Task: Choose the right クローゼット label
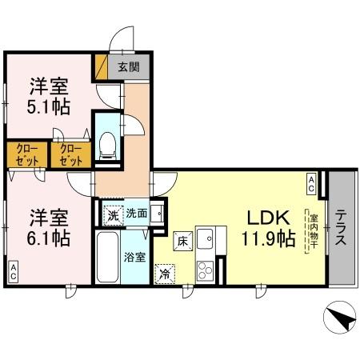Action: [70, 154]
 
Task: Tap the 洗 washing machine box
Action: [114, 214]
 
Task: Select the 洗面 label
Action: [136, 214]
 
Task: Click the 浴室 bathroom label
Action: [134, 258]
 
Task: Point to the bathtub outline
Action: [107, 258]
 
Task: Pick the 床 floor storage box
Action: [182, 238]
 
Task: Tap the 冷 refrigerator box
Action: [164, 272]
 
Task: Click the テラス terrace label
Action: [342, 230]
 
